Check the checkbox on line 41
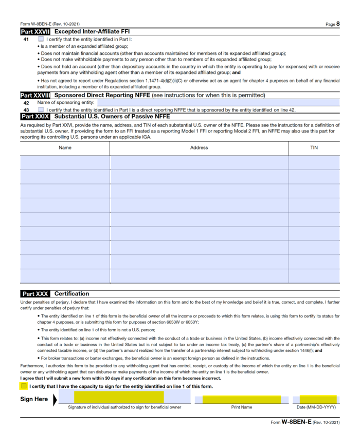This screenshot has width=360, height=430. coord(41,39)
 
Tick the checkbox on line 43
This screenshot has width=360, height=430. coord(41,109)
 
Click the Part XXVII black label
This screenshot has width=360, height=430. coord(35,32)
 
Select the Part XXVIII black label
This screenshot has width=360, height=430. coord(35,96)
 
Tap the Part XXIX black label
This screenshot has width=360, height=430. coord(35,117)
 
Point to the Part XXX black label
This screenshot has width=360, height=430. coord(35,294)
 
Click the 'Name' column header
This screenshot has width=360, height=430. coord(65,148)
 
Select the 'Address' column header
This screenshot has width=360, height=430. coord(199,148)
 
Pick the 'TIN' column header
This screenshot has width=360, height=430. coord(314,148)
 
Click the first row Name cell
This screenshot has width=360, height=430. coord(65,162)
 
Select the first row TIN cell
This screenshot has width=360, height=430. coord(314,162)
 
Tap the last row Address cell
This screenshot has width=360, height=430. coord(199,276)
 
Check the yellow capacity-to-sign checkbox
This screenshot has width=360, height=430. coord(24,386)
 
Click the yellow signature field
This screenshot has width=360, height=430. coord(119,397)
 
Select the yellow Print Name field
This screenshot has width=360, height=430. coord(241,399)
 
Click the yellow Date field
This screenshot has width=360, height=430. coord(318,399)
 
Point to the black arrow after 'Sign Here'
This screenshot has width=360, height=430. coord(56,399)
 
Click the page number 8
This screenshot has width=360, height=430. coord(338,24)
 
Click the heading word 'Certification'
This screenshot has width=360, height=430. coord(71,294)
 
